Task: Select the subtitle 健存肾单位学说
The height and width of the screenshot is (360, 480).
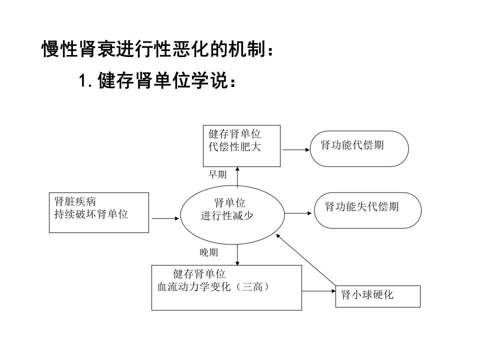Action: coord(163,80)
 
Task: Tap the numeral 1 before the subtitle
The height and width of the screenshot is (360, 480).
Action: coord(82,81)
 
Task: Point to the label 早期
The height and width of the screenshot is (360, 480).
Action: coord(217,174)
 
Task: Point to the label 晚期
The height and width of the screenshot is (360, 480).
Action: coord(209,252)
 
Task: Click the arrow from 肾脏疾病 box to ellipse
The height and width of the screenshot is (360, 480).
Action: coord(165,218)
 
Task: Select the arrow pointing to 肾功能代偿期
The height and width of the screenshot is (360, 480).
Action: coord(296,149)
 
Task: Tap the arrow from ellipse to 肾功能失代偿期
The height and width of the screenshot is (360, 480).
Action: coord(298,213)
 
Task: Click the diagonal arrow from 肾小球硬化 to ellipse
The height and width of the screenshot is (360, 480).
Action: coord(305,260)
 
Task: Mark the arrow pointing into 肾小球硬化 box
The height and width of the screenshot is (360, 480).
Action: coord(318,291)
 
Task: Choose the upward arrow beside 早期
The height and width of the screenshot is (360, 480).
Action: coord(237,176)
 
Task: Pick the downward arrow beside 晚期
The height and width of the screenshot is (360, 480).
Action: coord(237,254)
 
